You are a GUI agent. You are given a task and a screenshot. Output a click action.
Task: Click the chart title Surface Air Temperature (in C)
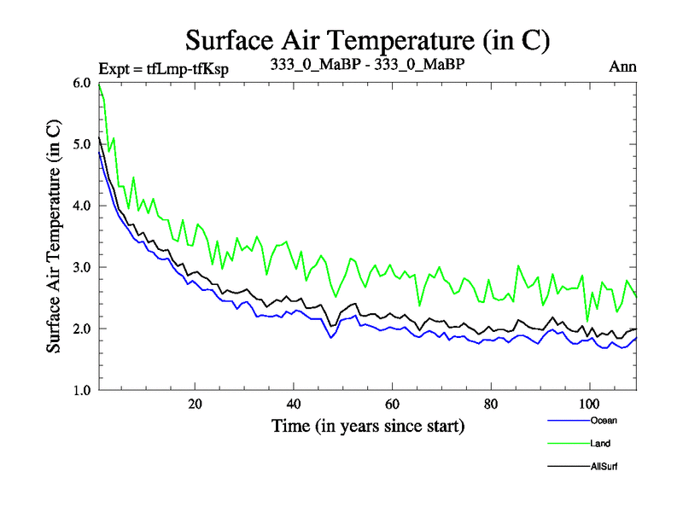pyautogui.click(x=367, y=39)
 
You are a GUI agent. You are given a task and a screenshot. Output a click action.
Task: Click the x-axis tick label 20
pyautogui.click(x=195, y=404)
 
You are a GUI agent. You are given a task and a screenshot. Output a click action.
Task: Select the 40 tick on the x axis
pyautogui.click(x=294, y=404)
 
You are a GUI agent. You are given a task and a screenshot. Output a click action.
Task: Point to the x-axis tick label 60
pyautogui.click(x=392, y=404)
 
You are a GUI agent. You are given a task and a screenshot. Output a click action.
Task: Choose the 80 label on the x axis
pyautogui.click(x=491, y=404)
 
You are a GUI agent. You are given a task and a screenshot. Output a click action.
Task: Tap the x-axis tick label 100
pyautogui.click(x=589, y=404)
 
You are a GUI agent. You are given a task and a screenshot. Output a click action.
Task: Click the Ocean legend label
pyautogui.click(x=603, y=420)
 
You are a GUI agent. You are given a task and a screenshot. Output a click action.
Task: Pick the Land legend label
pyautogui.click(x=600, y=444)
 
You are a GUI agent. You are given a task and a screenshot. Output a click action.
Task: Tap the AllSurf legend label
pyautogui.click(x=604, y=467)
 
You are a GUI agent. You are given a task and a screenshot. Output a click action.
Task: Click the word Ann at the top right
pyautogui.click(x=623, y=67)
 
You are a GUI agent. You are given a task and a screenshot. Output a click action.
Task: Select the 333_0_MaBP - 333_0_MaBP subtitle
pyautogui.click(x=372, y=66)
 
